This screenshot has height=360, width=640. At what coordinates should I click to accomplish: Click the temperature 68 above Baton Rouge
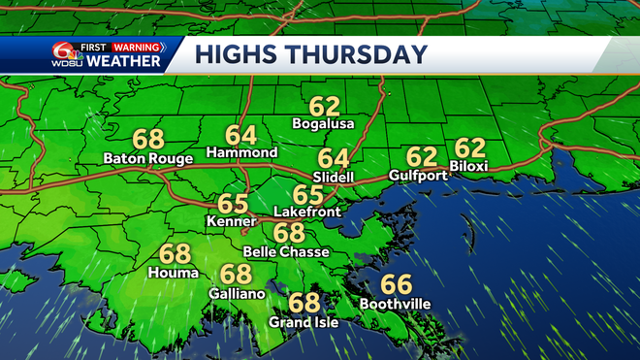coord(148,139)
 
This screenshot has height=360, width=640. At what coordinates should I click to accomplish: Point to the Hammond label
coord(241,153)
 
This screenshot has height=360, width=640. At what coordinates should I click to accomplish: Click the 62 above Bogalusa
coord(325,105)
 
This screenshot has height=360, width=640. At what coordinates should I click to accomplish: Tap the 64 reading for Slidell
coord(334,158)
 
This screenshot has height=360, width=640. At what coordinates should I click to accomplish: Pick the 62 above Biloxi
coord(469,148)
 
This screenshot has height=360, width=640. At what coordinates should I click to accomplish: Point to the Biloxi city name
coord(469,167)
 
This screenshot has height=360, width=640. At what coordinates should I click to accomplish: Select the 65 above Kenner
coord(233,204)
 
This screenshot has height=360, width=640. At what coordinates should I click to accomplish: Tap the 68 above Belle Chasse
coord(288,233)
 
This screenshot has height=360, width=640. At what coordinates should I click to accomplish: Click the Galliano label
coord(235,292)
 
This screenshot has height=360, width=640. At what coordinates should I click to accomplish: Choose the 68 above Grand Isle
coord(304,303)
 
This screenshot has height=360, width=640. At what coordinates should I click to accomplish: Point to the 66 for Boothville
coord(395,284)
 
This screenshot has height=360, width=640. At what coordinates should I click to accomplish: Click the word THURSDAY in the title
coord(358,54)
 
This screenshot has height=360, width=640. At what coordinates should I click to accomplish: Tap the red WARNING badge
coord(137,46)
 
